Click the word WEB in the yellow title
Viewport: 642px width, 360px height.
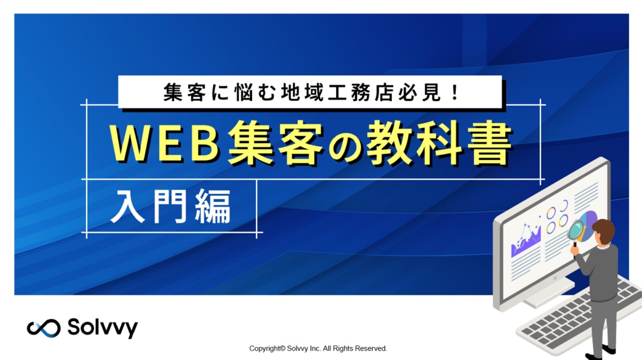[164, 145]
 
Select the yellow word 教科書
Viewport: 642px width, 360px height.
[439, 144]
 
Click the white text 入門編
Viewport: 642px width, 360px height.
[171, 206]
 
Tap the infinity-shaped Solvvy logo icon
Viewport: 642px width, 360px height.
[43, 328]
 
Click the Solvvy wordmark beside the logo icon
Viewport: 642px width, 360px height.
[102, 327]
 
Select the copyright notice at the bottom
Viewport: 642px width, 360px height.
[318, 349]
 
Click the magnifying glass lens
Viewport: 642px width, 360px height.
[577, 230]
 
